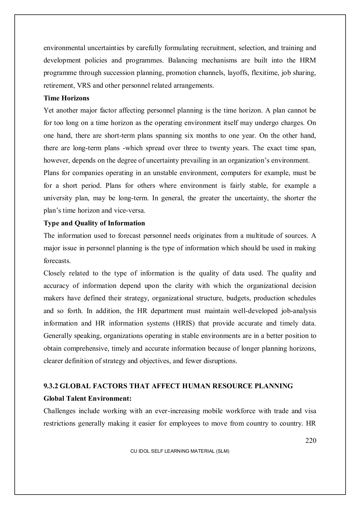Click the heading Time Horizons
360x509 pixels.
click(x=66, y=98)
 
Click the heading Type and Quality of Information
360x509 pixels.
click(x=94, y=223)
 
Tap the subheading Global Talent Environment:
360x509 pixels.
click(x=87, y=398)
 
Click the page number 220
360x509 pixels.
click(x=311, y=440)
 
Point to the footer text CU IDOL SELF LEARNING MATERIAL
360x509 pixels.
click(x=180, y=451)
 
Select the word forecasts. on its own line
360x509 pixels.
click(x=57, y=261)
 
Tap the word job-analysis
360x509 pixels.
click(x=298, y=311)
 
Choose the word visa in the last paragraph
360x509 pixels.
click(x=310, y=411)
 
